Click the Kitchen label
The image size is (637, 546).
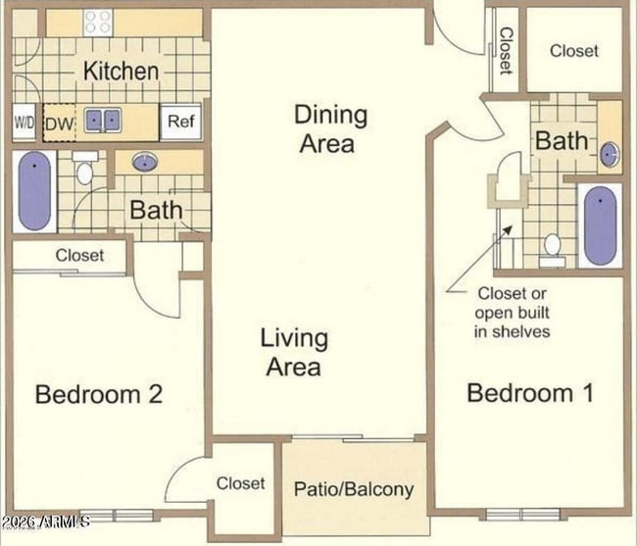point(121,71)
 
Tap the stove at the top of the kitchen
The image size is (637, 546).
point(97,22)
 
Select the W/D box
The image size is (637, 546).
point(24,123)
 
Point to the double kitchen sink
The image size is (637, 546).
point(103,121)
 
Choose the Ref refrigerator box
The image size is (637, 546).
point(179,122)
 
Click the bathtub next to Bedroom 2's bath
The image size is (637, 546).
point(34,191)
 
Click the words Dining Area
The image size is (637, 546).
point(330,128)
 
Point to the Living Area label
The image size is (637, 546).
point(294,353)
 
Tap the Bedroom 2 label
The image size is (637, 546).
point(98,394)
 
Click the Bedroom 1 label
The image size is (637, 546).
point(530,394)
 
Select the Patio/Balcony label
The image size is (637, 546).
point(354,488)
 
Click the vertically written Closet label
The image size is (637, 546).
point(506,51)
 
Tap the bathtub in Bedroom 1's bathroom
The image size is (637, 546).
point(600,224)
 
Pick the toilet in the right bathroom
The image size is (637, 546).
point(553,250)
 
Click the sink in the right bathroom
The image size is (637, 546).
point(610,153)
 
